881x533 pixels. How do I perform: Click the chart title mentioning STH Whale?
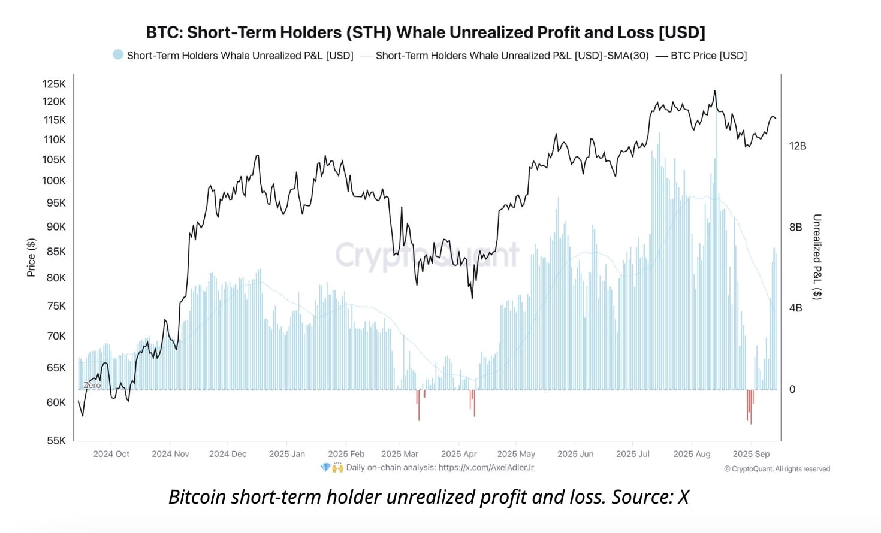[x=426, y=32]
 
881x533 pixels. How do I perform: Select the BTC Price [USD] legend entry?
[x=708, y=56]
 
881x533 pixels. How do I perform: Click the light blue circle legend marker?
[x=118, y=55]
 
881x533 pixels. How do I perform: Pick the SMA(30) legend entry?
[x=512, y=56]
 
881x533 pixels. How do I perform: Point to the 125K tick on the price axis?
[x=54, y=84]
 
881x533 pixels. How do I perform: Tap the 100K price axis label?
[x=54, y=181]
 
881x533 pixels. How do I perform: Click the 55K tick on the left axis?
[x=56, y=440]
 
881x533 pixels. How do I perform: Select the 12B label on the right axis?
[x=797, y=146]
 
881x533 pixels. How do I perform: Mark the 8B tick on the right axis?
[x=795, y=227]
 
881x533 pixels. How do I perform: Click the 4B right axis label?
[x=795, y=308]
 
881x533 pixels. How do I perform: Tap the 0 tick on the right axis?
[x=792, y=389]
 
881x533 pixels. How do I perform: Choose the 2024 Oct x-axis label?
[x=111, y=454]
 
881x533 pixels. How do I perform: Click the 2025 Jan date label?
[x=287, y=454]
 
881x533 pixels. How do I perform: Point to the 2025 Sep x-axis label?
[x=751, y=454]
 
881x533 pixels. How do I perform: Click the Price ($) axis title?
[x=31, y=258]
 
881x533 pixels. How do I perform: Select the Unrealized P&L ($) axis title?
[x=817, y=256]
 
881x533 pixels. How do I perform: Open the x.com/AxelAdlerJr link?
[x=486, y=467]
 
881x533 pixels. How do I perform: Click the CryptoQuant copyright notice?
[x=777, y=469]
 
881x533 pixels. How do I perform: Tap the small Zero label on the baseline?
[x=92, y=386]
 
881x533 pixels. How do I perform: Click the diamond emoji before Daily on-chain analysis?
[x=325, y=467]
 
